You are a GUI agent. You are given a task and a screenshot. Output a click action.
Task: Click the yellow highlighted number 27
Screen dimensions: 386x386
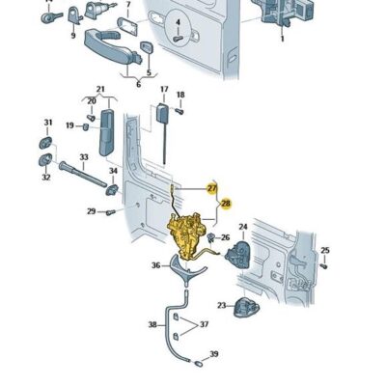[212, 187]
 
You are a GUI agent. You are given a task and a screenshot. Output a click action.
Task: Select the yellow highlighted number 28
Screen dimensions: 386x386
[226, 204]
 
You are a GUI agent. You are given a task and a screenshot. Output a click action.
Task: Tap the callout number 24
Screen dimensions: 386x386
[243, 228]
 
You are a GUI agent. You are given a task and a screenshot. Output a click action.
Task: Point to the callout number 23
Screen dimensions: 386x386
[221, 306]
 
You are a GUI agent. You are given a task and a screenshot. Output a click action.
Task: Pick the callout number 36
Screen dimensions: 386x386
[155, 264]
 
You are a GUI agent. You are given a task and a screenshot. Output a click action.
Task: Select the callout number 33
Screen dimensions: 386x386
[84, 157]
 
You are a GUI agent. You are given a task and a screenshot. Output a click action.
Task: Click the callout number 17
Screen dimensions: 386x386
[164, 90]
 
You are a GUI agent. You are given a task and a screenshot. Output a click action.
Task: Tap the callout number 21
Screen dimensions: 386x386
[100, 89]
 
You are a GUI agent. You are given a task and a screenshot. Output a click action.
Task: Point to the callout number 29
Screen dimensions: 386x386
[91, 211]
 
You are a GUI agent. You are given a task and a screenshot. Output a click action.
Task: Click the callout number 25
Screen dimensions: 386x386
[324, 251]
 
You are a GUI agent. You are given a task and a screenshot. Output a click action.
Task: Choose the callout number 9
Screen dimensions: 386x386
[72, 36]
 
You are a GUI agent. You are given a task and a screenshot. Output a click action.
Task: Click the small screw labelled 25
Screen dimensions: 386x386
[323, 268]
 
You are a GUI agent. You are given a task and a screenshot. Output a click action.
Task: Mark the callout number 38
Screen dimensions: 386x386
[152, 325]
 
